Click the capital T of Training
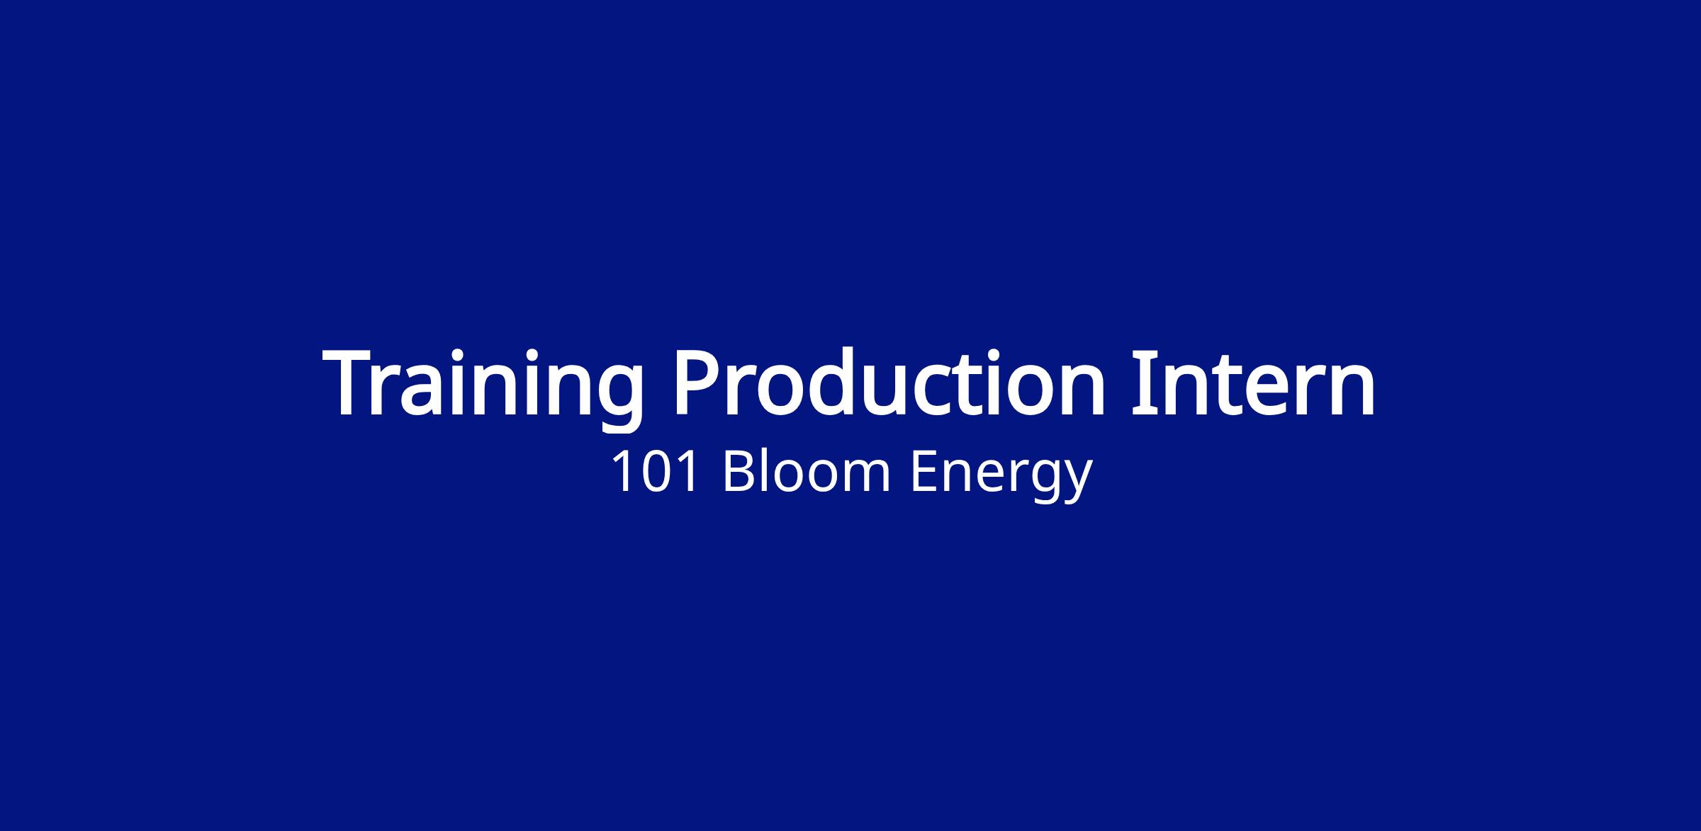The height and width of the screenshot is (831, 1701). point(353,383)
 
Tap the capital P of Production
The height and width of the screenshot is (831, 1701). point(700,383)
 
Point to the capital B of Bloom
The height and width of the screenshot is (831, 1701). point(739,472)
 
